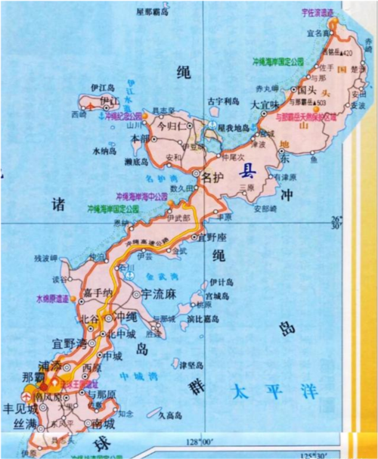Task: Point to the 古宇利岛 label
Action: pyautogui.click(x=223, y=100)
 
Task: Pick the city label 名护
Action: pyautogui.click(x=215, y=178)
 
